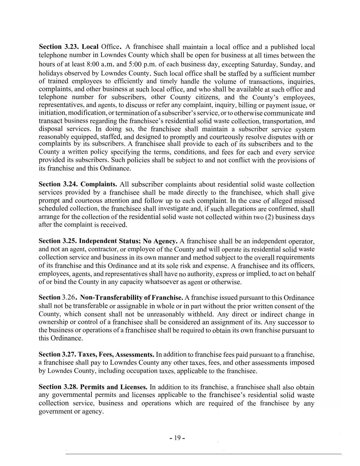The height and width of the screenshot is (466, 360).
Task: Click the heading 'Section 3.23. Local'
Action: (68, 47)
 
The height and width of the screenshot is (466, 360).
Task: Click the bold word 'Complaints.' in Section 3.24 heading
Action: (99, 184)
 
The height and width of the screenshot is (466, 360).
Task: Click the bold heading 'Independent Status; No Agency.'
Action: (128, 241)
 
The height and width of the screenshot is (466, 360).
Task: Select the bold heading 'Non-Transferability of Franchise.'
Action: (132, 297)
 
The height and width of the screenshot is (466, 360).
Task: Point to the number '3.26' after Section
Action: (68, 297)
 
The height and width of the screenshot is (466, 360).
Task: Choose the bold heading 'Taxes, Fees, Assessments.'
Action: (116, 354)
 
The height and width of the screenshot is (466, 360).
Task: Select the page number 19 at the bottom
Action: (177, 438)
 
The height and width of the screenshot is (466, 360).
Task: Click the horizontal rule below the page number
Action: (203, 454)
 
